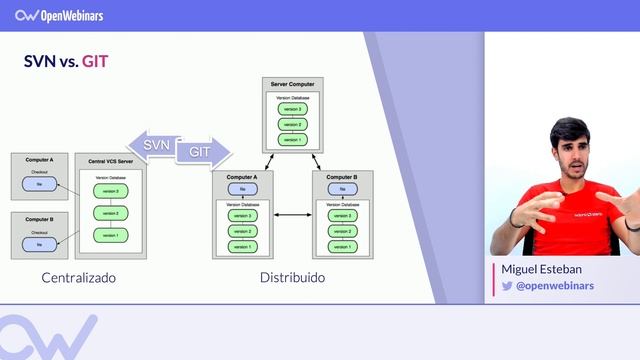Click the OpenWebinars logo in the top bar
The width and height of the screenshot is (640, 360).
[59, 15]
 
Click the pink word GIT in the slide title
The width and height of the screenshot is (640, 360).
[96, 62]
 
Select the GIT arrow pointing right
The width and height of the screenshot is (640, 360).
[200, 153]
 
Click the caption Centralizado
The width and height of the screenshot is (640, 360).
[79, 277]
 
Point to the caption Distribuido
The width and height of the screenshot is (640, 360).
[292, 277]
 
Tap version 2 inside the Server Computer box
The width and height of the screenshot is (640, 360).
[292, 124]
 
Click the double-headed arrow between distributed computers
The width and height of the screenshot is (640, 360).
[291, 215]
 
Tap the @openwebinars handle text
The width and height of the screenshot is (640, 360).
[555, 286]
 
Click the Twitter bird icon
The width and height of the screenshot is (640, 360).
[507, 286]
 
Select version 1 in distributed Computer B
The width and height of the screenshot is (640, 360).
[341, 246]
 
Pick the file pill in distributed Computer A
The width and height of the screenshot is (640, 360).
[241, 189]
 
